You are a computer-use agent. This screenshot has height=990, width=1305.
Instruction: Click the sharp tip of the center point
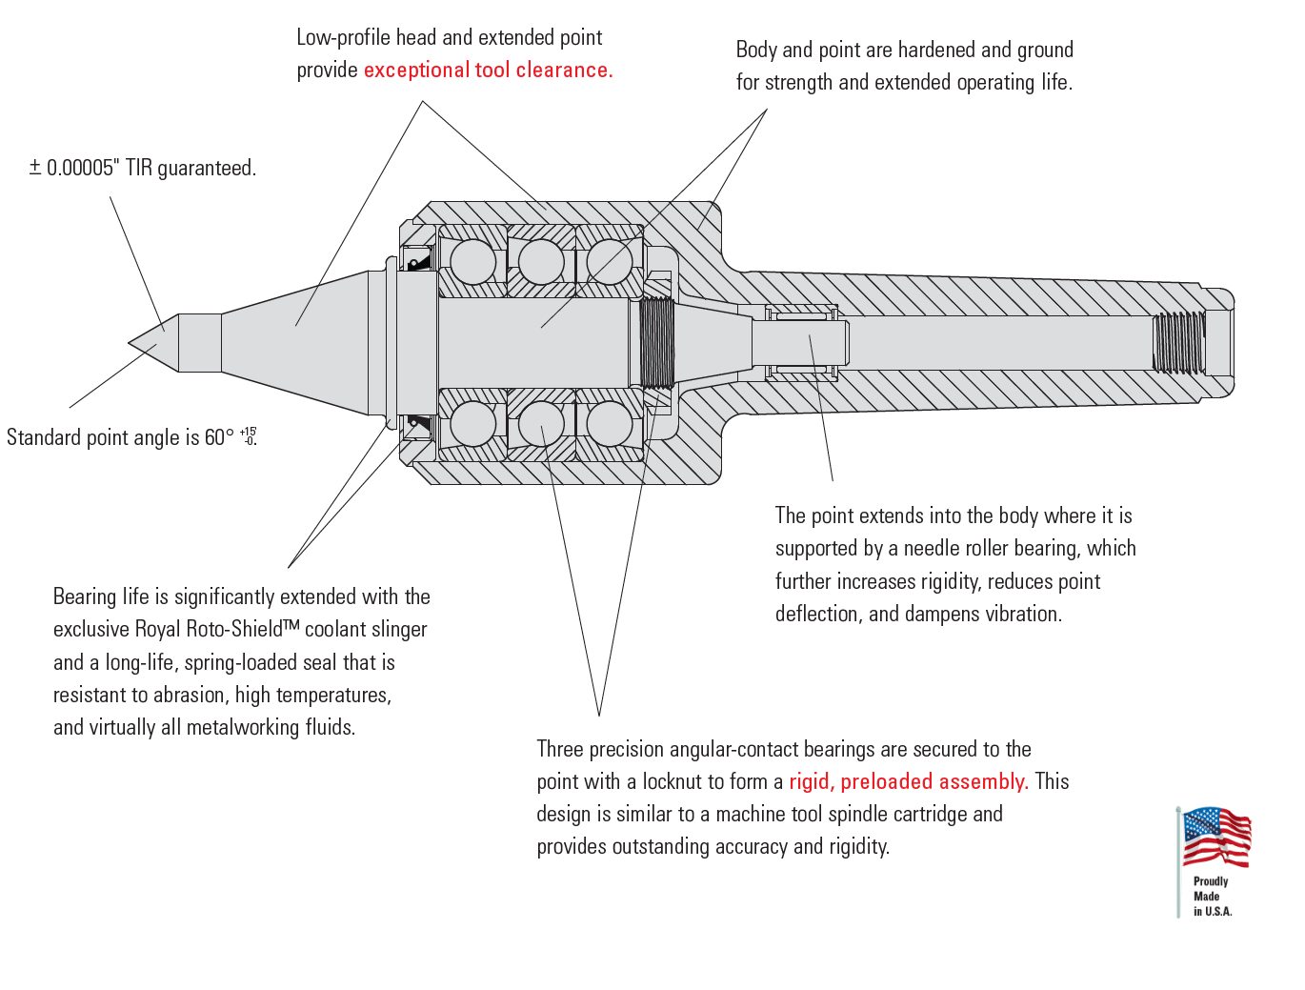(x=130, y=343)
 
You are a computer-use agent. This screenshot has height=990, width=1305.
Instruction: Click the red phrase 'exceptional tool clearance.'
(x=488, y=71)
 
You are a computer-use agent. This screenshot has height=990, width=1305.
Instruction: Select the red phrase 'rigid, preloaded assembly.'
(x=908, y=782)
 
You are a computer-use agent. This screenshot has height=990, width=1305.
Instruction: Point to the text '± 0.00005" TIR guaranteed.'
(x=143, y=169)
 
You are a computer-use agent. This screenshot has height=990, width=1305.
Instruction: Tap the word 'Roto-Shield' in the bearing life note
(x=238, y=629)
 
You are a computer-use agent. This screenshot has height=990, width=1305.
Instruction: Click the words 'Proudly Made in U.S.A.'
(x=1212, y=897)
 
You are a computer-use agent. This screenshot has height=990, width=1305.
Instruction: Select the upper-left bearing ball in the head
(x=472, y=261)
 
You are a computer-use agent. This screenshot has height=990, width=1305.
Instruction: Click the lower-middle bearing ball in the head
(x=541, y=424)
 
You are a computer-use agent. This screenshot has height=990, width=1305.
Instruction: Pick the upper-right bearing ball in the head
(x=610, y=261)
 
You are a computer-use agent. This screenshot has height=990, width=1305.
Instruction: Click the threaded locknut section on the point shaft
(x=656, y=342)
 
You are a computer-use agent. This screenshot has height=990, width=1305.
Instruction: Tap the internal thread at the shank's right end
(x=1178, y=343)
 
